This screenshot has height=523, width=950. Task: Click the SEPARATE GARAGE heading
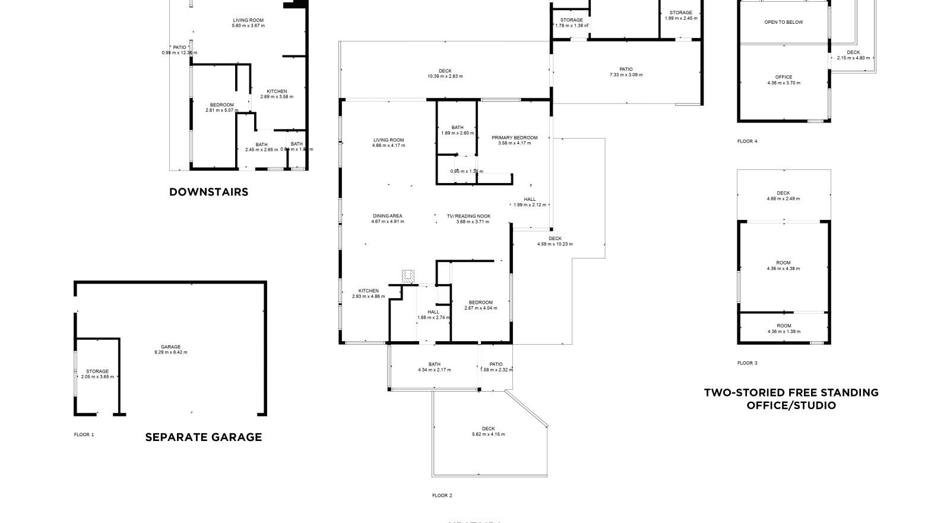point(203,437)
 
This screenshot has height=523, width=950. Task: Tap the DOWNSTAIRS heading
point(208,192)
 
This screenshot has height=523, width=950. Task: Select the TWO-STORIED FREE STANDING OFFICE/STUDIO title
point(791,399)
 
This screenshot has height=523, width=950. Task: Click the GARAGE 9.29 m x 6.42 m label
point(170,349)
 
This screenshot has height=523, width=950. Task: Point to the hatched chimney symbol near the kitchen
point(408,276)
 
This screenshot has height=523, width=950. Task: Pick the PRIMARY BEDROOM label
point(514,140)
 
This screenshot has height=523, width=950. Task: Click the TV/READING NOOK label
point(468,219)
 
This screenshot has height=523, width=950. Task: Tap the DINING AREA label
point(388,219)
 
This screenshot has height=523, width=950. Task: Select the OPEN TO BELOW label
point(783,23)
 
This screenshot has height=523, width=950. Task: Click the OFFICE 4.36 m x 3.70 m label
point(783,80)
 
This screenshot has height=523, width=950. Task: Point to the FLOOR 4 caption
point(747,141)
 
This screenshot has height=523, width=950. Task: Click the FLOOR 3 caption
point(747,363)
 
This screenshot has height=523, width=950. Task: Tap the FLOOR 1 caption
point(84,434)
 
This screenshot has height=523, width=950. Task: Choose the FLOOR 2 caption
point(442,495)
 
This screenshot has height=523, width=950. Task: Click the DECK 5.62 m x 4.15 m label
point(488,431)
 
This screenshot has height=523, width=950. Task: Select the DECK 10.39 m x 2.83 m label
point(445,74)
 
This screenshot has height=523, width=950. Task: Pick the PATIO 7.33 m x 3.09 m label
point(625,72)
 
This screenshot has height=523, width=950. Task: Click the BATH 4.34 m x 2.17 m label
point(434,367)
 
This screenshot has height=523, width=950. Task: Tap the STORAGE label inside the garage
point(97,374)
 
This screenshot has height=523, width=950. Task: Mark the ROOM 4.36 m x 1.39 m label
point(784,329)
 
